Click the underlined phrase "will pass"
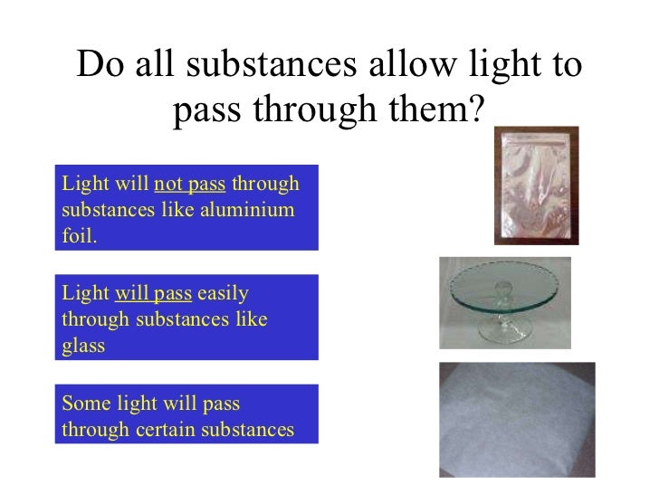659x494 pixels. [153, 294]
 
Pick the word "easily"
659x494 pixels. [224, 294]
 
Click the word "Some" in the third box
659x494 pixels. [82, 404]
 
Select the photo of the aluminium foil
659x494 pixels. [535, 185]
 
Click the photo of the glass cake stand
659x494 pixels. [504, 302]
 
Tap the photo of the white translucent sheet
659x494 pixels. [517, 418]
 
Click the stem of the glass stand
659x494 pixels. [499, 312]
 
